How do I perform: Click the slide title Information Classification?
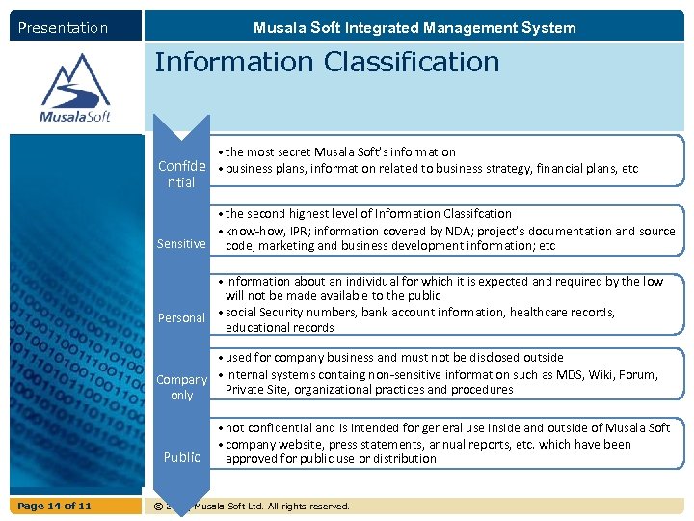[x=327, y=62]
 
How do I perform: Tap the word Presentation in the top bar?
[x=63, y=28]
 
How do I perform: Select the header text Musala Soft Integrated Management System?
[x=414, y=28]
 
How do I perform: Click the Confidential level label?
[x=181, y=174]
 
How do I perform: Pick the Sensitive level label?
[x=181, y=244]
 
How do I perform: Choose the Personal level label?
[x=181, y=317]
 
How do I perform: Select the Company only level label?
[x=181, y=387]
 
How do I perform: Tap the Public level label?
[x=181, y=457]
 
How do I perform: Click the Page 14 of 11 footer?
[x=56, y=506]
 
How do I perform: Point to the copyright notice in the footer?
[x=251, y=506]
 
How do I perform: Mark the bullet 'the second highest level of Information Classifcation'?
[x=368, y=213]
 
